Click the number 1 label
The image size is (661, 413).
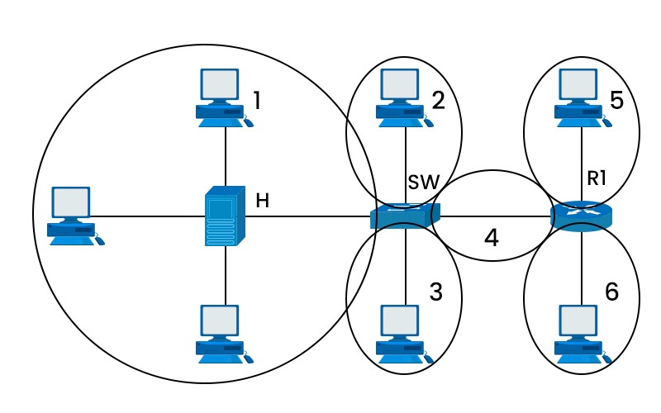pos(257,101)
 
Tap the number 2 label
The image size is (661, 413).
pos(438,101)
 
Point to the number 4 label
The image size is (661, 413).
pos(492,239)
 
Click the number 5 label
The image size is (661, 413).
pos(616,100)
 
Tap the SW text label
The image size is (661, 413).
pos(423,181)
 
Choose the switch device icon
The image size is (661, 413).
pos(405,216)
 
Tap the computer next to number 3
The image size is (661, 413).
pos(403,333)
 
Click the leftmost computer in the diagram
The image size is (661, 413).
pos(74,215)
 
